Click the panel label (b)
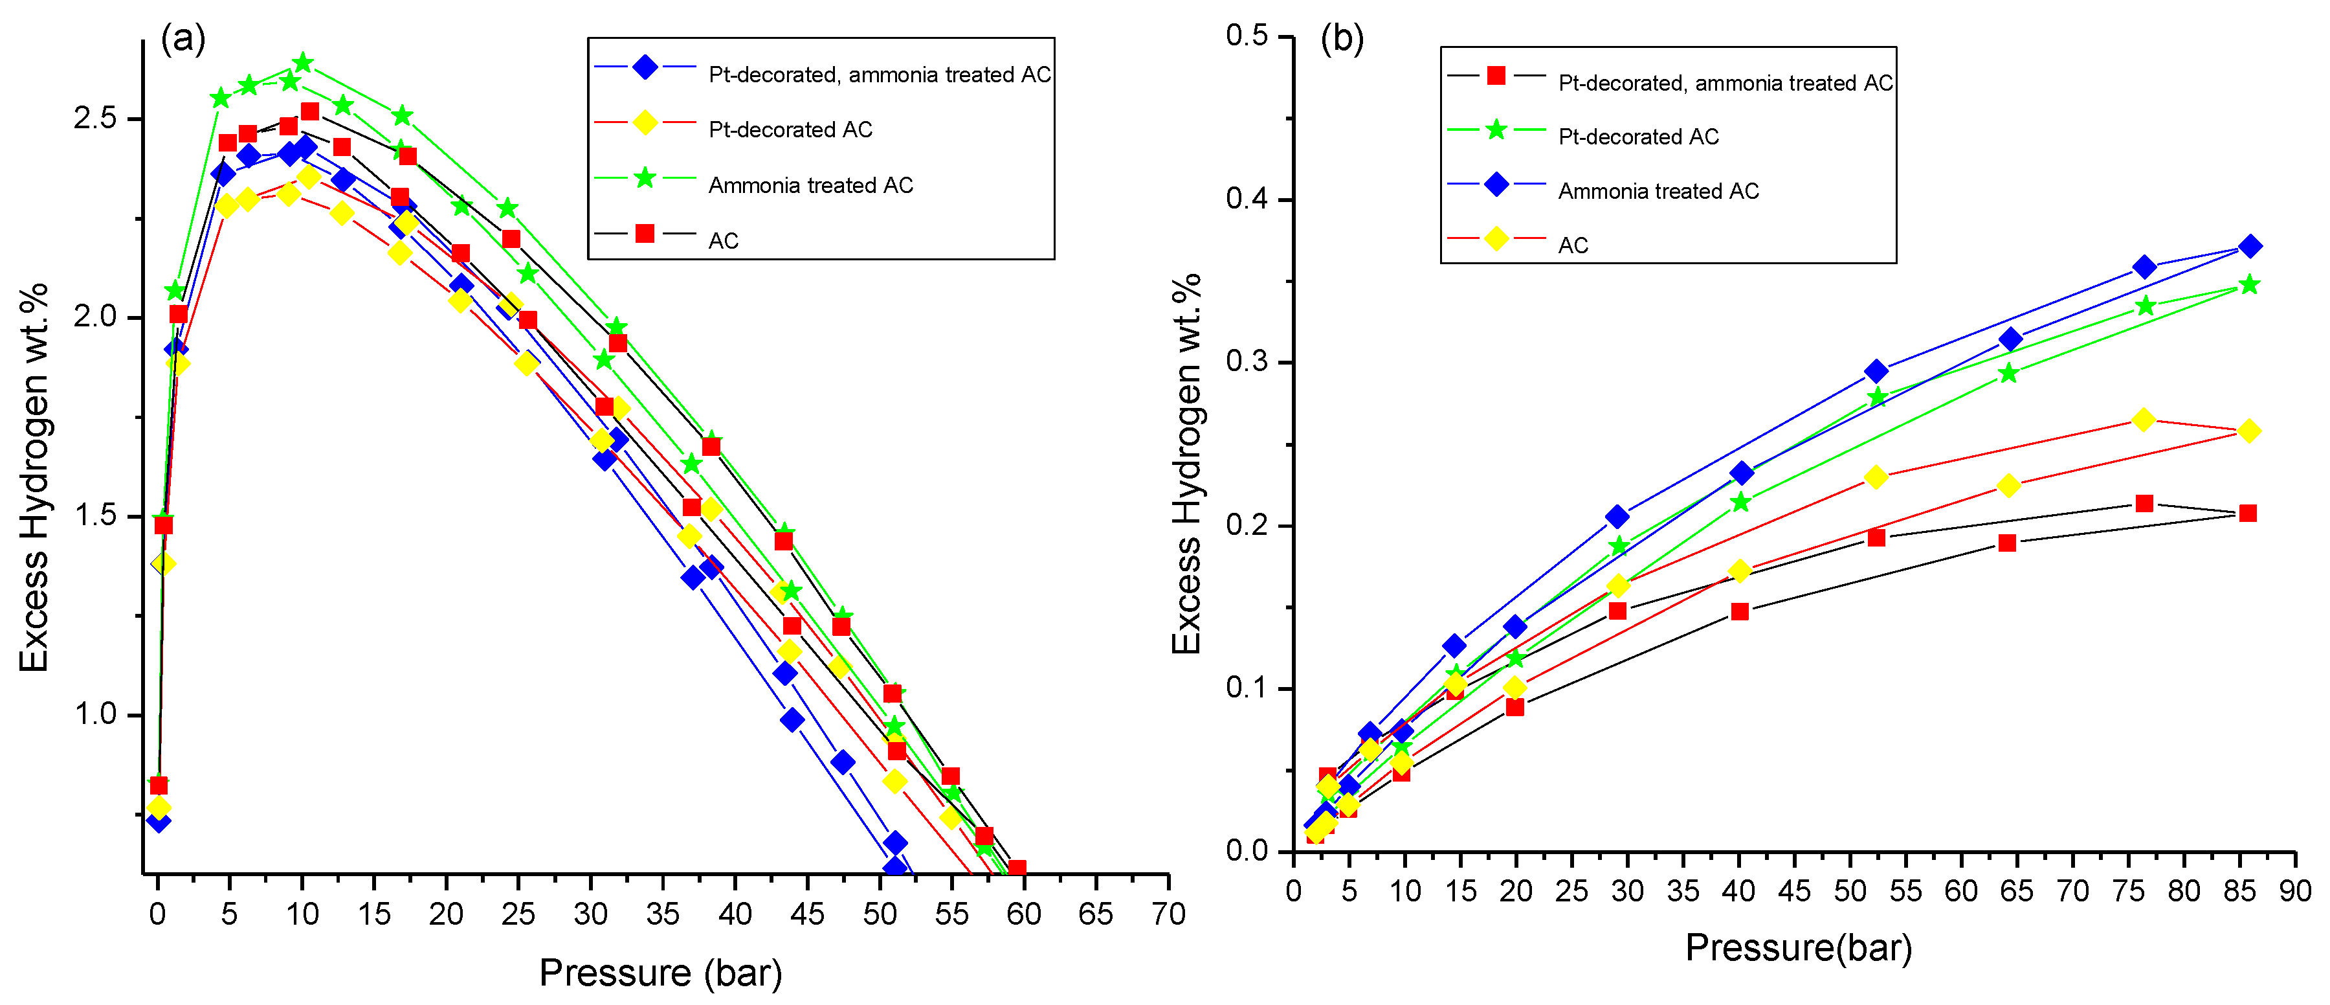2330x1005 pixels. (x=1342, y=39)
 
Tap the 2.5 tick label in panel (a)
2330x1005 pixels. (x=96, y=119)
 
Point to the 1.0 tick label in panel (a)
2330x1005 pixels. (x=96, y=714)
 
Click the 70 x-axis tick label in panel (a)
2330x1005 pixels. (x=1168, y=914)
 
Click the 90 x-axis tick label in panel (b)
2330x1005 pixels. (x=2294, y=891)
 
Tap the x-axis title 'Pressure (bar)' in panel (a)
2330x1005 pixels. (x=660, y=973)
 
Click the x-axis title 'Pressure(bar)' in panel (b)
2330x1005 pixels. (x=1798, y=948)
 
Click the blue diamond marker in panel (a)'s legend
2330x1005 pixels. (x=645, y=67)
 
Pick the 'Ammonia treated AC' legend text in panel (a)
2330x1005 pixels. (x=810, y=185)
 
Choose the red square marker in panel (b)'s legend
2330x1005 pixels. (x=1496, y=76)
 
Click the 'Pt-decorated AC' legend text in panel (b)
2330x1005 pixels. (x=1638, y=137)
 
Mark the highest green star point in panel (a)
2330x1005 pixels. (x=303, y=62)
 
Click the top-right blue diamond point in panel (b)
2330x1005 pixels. (x=2250, y=246)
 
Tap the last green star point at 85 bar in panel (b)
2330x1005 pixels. (x=2250, y=285)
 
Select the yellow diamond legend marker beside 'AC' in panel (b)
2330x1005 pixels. (x=1496, y=239)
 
